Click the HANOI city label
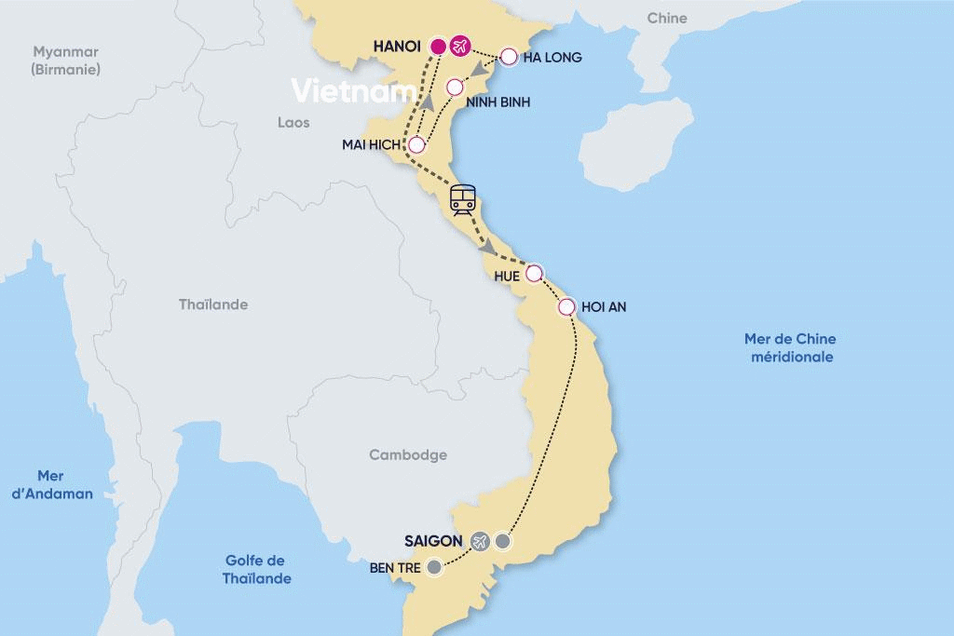tap(397, 46)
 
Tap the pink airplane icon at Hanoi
tap(459, 46)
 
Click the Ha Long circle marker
tap(509, 57)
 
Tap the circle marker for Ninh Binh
tap(455, 88)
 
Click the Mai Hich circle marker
tap(416, 145)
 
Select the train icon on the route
tap(462, 198)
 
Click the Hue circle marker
tap(534, 274)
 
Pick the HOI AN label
tap(606, 306)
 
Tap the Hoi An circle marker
tap(566, 306)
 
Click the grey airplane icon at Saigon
tap(480, 541)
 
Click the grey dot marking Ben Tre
tap(434, 566)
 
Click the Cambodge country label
tap(408, 455)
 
